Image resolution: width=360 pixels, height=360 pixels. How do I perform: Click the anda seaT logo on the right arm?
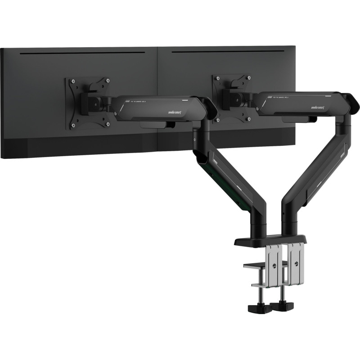tap(318, 108)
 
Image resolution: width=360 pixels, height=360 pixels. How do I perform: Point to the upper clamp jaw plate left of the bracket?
tap(254, 265)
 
